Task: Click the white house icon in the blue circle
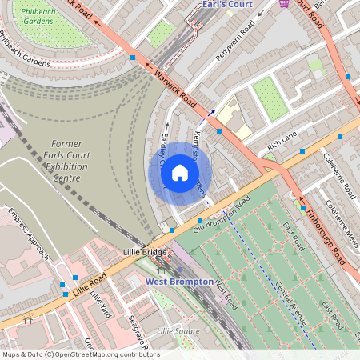coord(180,173)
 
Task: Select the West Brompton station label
coord(179,282)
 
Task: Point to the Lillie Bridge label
coord(146,252)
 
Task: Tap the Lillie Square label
coord(178,330)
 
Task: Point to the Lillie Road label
coord(88,283)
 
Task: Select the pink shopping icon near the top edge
coord(284,4)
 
